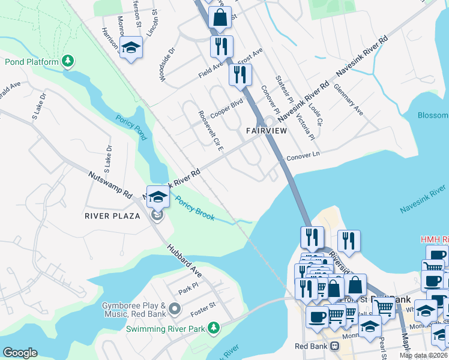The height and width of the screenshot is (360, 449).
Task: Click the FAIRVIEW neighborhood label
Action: coord(266,130)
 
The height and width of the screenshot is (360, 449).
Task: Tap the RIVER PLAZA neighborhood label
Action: coord(113,216)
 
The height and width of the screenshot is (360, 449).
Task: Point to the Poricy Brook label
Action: coord(194,208)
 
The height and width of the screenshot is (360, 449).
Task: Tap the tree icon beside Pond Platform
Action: coord(69,61)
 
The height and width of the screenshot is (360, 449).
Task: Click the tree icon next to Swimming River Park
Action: coord(212,328)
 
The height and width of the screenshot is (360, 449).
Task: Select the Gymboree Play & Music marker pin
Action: coord(175,309)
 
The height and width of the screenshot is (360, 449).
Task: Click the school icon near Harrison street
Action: coord(130,47)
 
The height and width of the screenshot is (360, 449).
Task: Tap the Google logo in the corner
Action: coord(20,353)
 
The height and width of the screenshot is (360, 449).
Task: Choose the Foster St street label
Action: coord(204,306)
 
